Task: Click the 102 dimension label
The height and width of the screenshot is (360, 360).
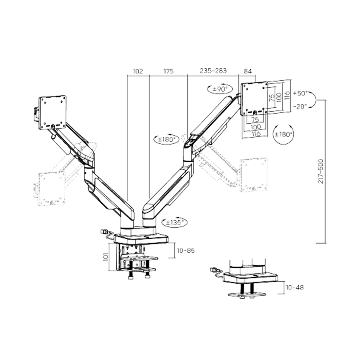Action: [138, 71]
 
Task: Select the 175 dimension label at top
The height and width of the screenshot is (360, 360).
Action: [169, 71]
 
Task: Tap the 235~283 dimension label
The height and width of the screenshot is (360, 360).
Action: [213, 71]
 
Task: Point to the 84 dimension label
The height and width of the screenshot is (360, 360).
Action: [247, 71]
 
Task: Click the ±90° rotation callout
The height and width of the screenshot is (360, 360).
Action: [220, 89]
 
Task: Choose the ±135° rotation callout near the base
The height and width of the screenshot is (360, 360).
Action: [175, 222]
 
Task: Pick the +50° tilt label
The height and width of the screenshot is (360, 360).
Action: [300, 94]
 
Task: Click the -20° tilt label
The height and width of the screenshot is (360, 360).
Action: [300, 107]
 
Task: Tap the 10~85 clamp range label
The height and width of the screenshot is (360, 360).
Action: [186, 250]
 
